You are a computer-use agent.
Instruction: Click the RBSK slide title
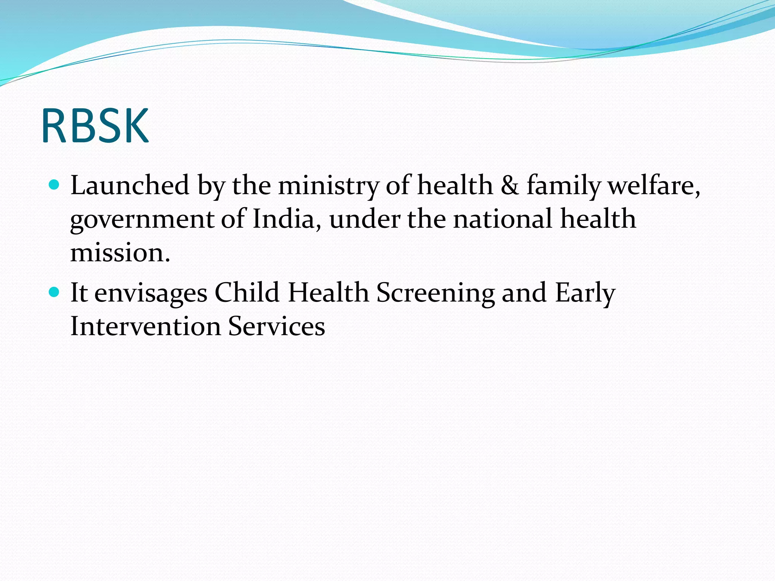(95, 126)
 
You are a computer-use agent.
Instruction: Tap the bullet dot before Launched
(54, 185)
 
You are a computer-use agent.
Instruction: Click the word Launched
(130, 185)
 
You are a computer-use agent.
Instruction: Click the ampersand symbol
(510, 185)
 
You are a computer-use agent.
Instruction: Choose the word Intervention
(146, 326)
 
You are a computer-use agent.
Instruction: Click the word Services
(276, 326)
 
